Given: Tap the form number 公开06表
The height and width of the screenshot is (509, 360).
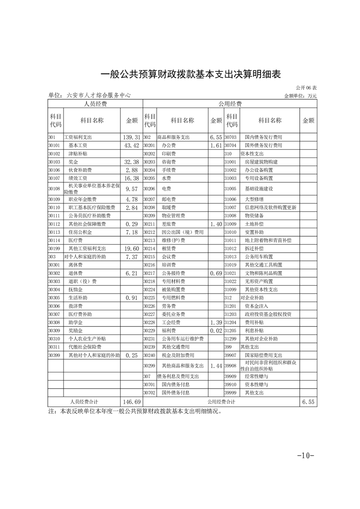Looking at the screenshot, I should coord(306,88).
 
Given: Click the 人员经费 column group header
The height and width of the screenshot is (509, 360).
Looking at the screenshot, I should coord(95,104).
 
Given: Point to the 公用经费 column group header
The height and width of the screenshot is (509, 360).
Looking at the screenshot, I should coord(230,104).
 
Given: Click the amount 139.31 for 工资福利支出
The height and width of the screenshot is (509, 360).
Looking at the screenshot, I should coord(131,137).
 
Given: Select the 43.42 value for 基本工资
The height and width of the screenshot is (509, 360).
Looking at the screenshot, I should coord(131,146).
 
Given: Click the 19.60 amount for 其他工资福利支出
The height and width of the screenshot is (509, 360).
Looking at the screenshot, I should coord(131,249).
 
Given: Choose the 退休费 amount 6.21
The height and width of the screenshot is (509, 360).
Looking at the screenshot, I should coord(131,274).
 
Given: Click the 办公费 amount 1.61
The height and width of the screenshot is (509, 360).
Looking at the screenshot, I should coord(216,146).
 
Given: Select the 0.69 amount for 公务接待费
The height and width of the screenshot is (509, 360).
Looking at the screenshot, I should coord(216,274).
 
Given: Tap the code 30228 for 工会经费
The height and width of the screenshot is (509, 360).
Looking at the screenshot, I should coord(149,323).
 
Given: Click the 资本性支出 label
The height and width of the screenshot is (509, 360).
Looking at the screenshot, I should coord(252,154).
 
